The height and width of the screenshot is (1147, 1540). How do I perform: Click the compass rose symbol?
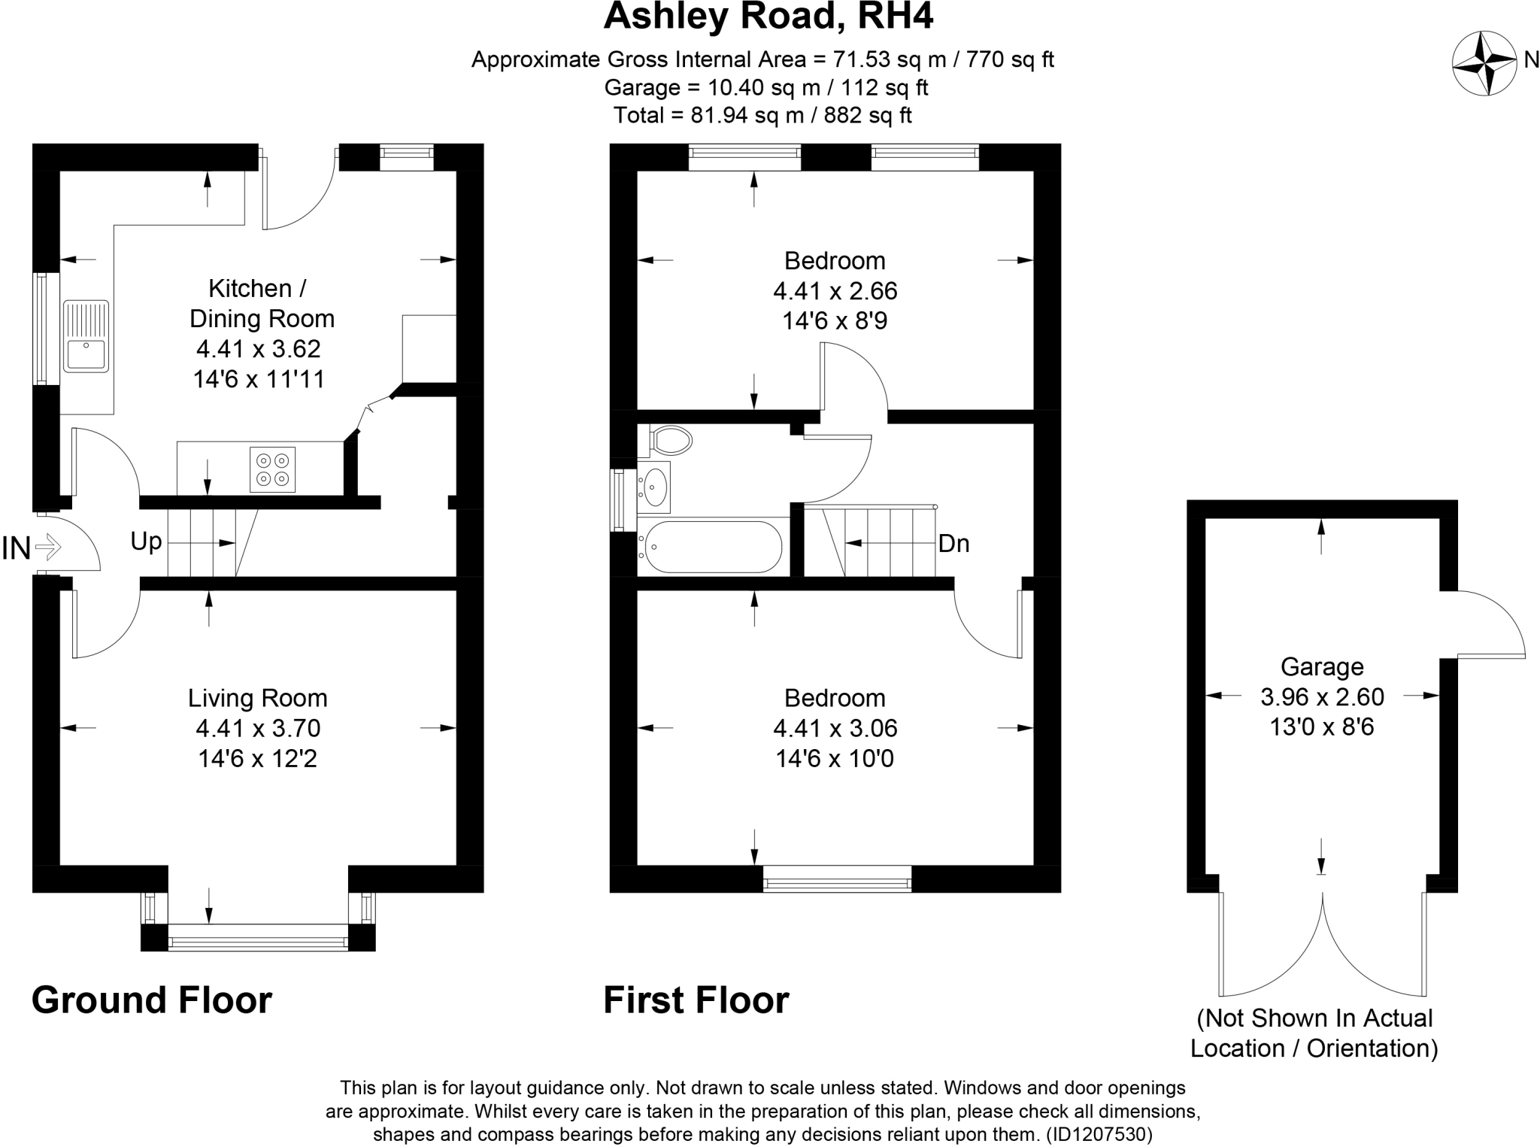[1484, 63]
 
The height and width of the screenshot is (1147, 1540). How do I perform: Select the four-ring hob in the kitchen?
[272, 469]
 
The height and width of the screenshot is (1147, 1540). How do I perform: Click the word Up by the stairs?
[146, 542]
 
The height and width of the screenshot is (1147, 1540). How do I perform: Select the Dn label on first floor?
[953, 544]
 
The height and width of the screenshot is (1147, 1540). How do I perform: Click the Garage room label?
[1321, 667]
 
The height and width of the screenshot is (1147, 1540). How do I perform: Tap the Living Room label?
[257, 698]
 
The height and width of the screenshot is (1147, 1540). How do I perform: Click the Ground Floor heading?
[151, 1000]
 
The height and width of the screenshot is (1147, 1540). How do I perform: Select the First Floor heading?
[696, 1000]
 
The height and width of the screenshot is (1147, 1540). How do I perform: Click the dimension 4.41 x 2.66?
[835, 291]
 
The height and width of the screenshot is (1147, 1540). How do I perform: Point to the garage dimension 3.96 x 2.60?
[1321, 697]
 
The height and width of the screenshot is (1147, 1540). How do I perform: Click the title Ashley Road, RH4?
[768, 17]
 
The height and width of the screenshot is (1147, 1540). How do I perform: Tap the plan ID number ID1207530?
[1098, 1134]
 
